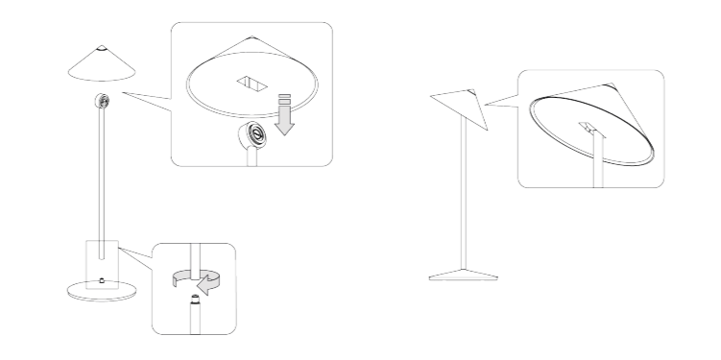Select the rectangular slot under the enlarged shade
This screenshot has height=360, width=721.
pyautogui.click(x=251, y=84)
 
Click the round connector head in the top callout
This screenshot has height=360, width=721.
pyautogui.click(x=252, y=135)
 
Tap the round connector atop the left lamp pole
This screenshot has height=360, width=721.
pyautogui.click(x=102, y=101)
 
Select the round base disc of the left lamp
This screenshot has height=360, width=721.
pyautogui.click(x=101, y=290)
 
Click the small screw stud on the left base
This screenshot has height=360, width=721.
pyautogui.click(x=102, y=280)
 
